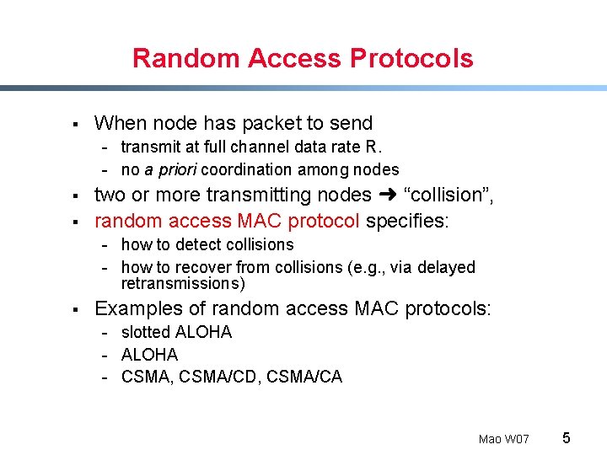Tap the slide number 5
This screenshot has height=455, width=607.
coord(567,437)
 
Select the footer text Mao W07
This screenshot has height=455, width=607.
coord(503,439)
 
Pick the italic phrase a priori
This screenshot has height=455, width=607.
coord(172,169)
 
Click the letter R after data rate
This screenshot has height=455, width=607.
coord(372,147)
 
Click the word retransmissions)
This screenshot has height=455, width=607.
coord(183,283)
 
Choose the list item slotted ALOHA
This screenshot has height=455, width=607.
coord(176,332)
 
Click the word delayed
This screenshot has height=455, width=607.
coord(447,267)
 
